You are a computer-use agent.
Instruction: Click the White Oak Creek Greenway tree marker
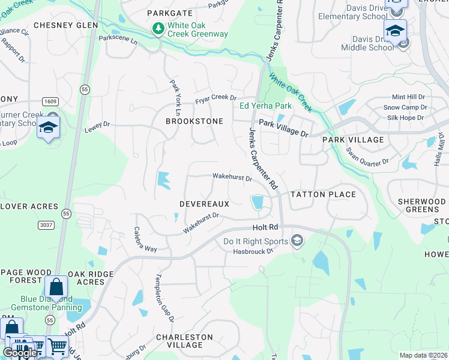pos(158,29)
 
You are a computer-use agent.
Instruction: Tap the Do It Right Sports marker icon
pos(297,241)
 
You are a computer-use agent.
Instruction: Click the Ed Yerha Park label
pos(265,106)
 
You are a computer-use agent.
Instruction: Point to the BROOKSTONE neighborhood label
pos(194,121)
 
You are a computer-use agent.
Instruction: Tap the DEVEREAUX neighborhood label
pos(204,204)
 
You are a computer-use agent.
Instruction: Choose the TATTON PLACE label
pos(323,194)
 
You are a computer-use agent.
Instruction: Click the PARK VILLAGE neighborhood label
pos(353,140)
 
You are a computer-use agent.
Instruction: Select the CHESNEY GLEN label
pos(65,25)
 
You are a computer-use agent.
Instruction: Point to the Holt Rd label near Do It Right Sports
pos(265,227)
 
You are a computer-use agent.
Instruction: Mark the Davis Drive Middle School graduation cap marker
pos(396,31)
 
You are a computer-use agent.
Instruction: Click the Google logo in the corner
pos(20,353)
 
